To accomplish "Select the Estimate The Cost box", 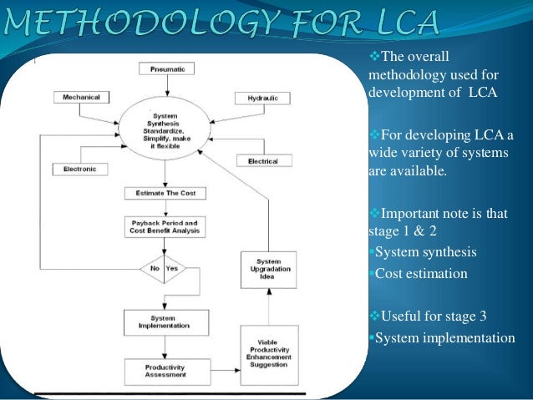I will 165,193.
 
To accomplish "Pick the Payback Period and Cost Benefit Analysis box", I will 164,227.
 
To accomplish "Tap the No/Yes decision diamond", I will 164,269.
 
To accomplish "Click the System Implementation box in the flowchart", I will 164,322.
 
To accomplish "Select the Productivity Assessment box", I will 164,370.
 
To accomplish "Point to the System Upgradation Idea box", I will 267,270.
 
